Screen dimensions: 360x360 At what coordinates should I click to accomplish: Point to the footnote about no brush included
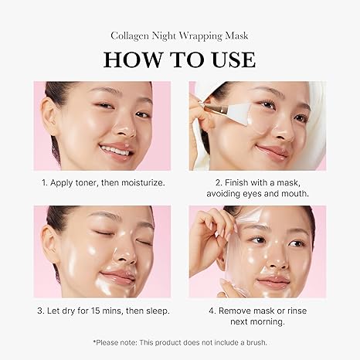179,341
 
